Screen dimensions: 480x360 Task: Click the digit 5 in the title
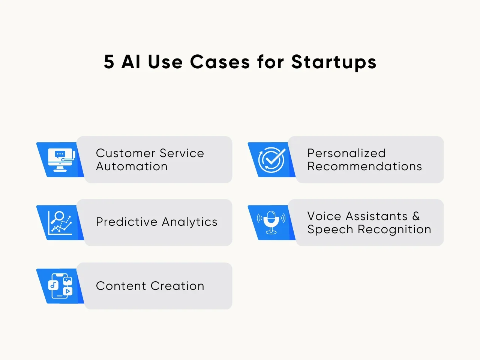point(109,61)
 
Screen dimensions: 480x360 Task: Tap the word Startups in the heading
point(334,63)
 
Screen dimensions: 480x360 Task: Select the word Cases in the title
point(220,61)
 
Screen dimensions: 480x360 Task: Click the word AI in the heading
point(131,61)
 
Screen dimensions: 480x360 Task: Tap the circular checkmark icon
point(272,160)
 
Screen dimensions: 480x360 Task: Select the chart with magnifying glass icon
point(60,223)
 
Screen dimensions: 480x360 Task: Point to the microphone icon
point(271,222)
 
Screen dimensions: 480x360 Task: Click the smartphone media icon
point(60,286)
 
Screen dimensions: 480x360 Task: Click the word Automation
point(132,166)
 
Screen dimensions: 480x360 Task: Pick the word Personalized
point(346,153)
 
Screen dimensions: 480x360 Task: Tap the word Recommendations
point(364,166)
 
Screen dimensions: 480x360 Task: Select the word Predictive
point(127,222)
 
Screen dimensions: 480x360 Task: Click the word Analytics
point(190,222)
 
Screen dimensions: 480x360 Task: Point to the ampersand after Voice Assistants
point(416,216)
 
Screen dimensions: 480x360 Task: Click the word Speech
point(330,230)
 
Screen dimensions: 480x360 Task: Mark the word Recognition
point(394,230)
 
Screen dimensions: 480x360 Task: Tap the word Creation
point(177,286)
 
